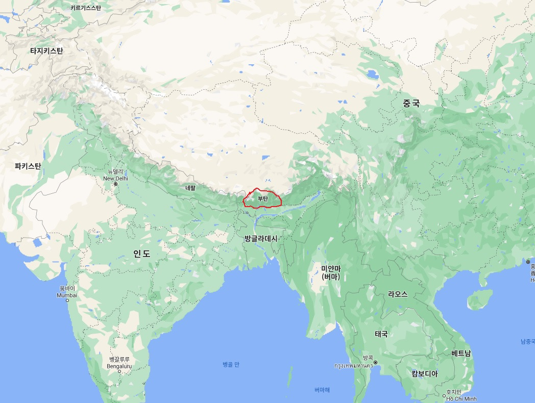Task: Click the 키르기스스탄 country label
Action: (x=86, y=8)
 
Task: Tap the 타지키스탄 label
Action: (x=46, y=51)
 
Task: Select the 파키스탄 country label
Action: (x=28, y=166)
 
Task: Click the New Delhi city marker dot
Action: (x=116, y=184)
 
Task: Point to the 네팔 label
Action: (x=190, y=188)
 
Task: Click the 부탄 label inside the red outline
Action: (x=263, y=199)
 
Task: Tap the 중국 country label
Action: (x=411, y=103)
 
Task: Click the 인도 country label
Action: (x=142, y=254)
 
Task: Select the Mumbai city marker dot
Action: (x=67, y=300)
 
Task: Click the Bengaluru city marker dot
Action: (x=119, y=371)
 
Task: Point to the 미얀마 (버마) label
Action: (x=330, y=272)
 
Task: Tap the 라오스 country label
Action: (x=398, y=294)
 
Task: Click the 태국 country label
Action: (x=381, y=334)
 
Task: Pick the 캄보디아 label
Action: (x=425, y=373)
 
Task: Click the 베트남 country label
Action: (x=461, y=353)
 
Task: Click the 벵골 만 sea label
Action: (x=231, y=364)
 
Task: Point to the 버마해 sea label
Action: (x=322, y=390)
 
